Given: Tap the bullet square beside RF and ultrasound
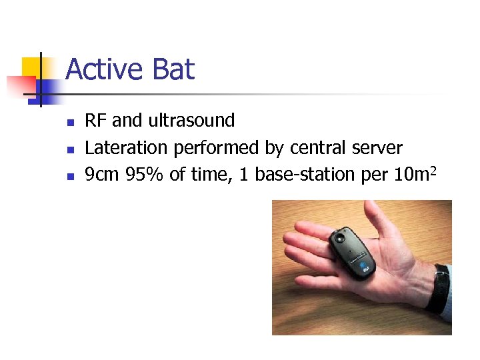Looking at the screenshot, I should pyautogui.click(x=69, y=122).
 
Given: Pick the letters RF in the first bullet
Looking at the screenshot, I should pyautogui.click(x=96, y=121).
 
